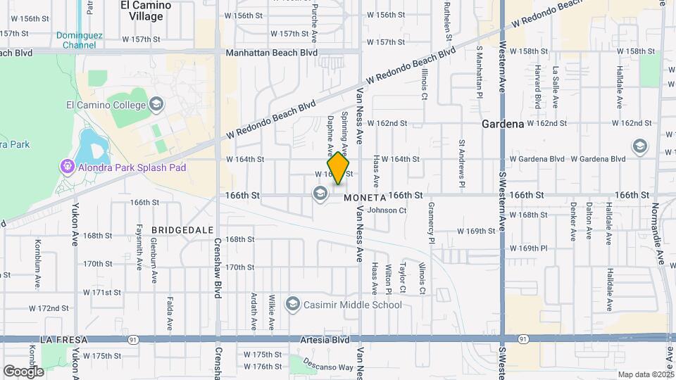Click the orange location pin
[x=339, y=168]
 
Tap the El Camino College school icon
[x=156, y=106]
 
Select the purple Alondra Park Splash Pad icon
[x=67, y=167]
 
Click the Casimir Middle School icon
[x=292, y=305]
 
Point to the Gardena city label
[x=503, y=124]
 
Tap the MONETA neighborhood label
[x=365, y=198]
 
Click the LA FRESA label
[x=63, y=340]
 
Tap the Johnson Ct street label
[x=387, y=210]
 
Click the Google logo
[x=23, y=371]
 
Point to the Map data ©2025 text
[x=645, y=374]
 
